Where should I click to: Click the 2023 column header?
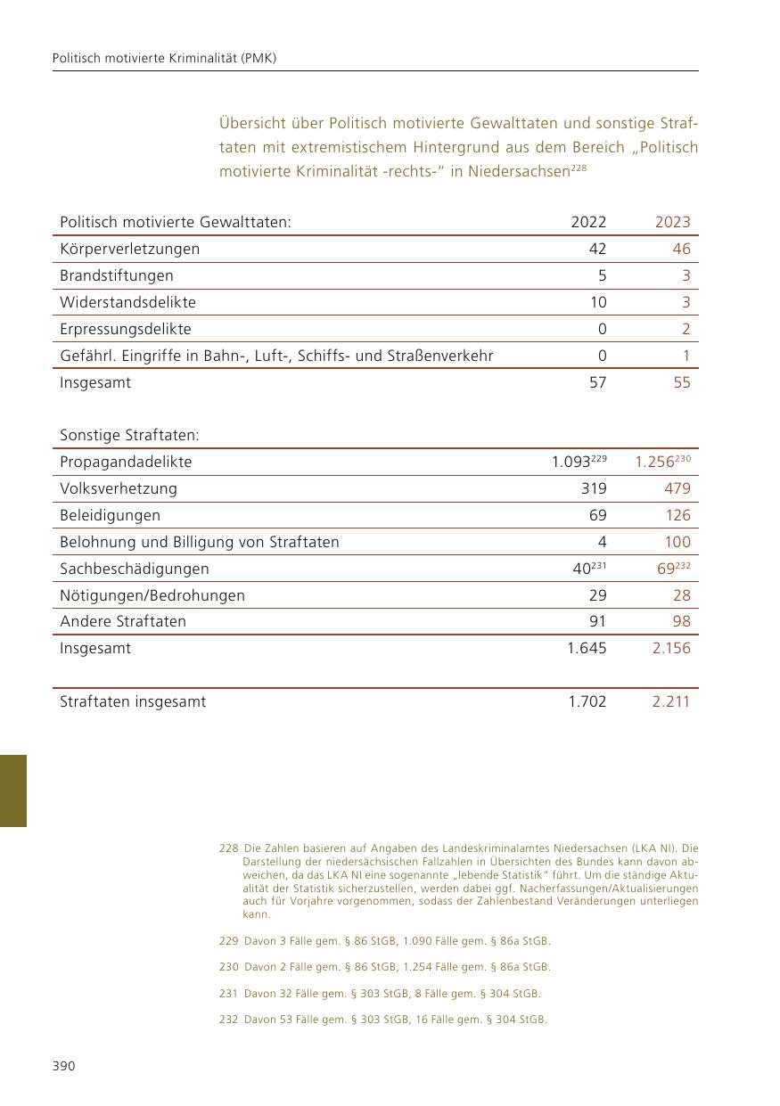(x=672, y=223)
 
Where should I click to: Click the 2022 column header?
(x=588, y=223)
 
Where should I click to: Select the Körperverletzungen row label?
(x=129, y=250)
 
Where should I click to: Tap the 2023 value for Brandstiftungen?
(x=686, y=276)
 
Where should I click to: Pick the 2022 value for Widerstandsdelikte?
(x=597, y=303)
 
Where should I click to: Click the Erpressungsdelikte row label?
(x=125, y=330)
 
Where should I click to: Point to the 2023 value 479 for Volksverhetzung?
(x=677, y=488)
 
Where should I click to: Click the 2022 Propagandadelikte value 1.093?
(x=571, y=463)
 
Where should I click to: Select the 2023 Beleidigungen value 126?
(x=677, y=515)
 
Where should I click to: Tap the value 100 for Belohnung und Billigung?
(x=677, y=542)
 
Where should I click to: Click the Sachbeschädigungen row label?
(x=134, y=569)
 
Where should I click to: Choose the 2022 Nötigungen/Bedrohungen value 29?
(x=597, y=595)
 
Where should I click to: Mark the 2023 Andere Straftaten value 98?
(x=682, y=622)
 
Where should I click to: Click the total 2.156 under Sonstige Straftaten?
(x=671, y=649)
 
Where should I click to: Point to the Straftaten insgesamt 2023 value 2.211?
(x=671, y=702)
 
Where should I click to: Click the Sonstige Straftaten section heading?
(x=129, y=436)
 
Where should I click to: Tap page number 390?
(x=63, y=1067)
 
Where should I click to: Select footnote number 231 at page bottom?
(x=228, y=994)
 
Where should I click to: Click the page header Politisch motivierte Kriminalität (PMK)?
(x=164, y=58)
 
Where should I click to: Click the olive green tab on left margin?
(x=12, y=791)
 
